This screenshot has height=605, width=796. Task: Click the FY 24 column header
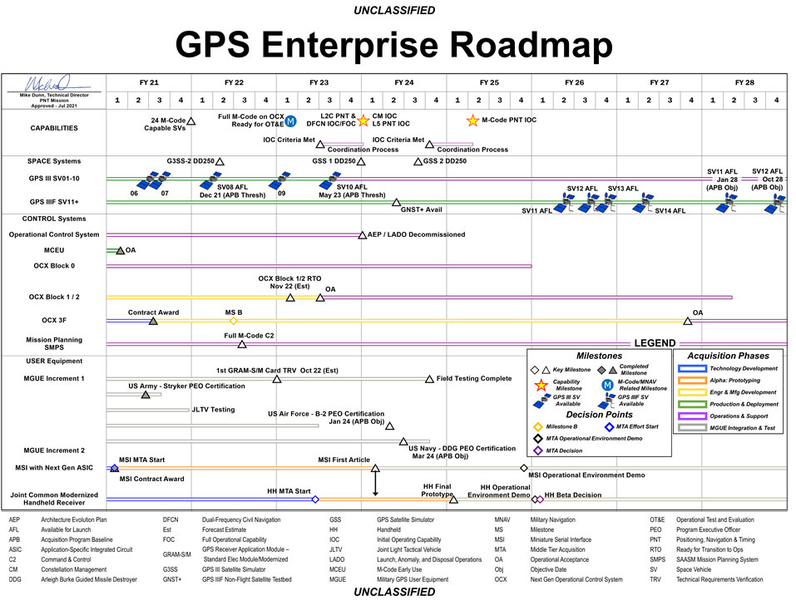click(x=403, y=82)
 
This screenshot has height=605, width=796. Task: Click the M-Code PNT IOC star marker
click(x=473, y=120)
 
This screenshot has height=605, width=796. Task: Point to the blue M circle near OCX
click(x=291, y=122)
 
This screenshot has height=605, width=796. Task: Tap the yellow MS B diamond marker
click(x=234, y=321)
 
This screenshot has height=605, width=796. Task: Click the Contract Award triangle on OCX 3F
click(x=153, y=321)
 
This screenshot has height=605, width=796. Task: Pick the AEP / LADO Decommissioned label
click(x=417, y=234)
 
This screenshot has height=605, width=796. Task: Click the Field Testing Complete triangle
click(x=430, y=379)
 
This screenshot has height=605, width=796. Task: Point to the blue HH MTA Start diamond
click(x=315, y=499)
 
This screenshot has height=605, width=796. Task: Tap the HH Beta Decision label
click(x=573, y=495)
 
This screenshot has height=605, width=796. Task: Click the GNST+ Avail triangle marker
click(x=397, y=202)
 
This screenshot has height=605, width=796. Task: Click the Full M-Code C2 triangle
click(x=242, y=344)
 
